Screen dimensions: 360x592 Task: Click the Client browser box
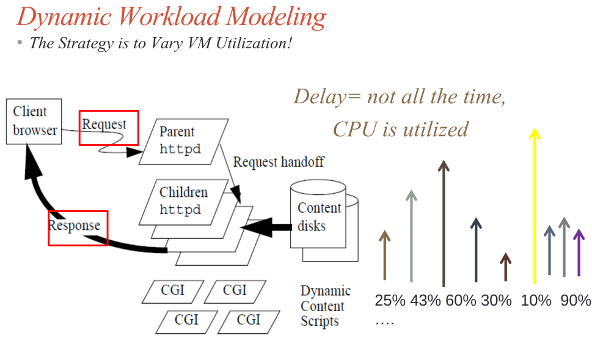coord(34,121)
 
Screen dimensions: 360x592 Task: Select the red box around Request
coord(109,127)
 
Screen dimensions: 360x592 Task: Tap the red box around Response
coord(78,227)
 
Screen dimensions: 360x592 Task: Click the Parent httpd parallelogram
coord(182,141)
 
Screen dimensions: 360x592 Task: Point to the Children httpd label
coord(183,201)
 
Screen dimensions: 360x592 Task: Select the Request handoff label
coord(279,162)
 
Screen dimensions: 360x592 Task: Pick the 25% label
coord(390,301)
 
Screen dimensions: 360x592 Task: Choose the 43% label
coord(425,301)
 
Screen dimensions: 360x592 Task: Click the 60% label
coord(461,301)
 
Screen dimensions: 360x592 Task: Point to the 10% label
coord(536,301)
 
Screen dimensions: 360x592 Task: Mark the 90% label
coord(576,301)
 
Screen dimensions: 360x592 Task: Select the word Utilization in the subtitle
coord(245,45)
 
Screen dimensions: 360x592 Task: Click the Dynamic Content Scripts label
coord(325,306)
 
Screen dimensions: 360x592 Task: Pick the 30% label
coord(496,301)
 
